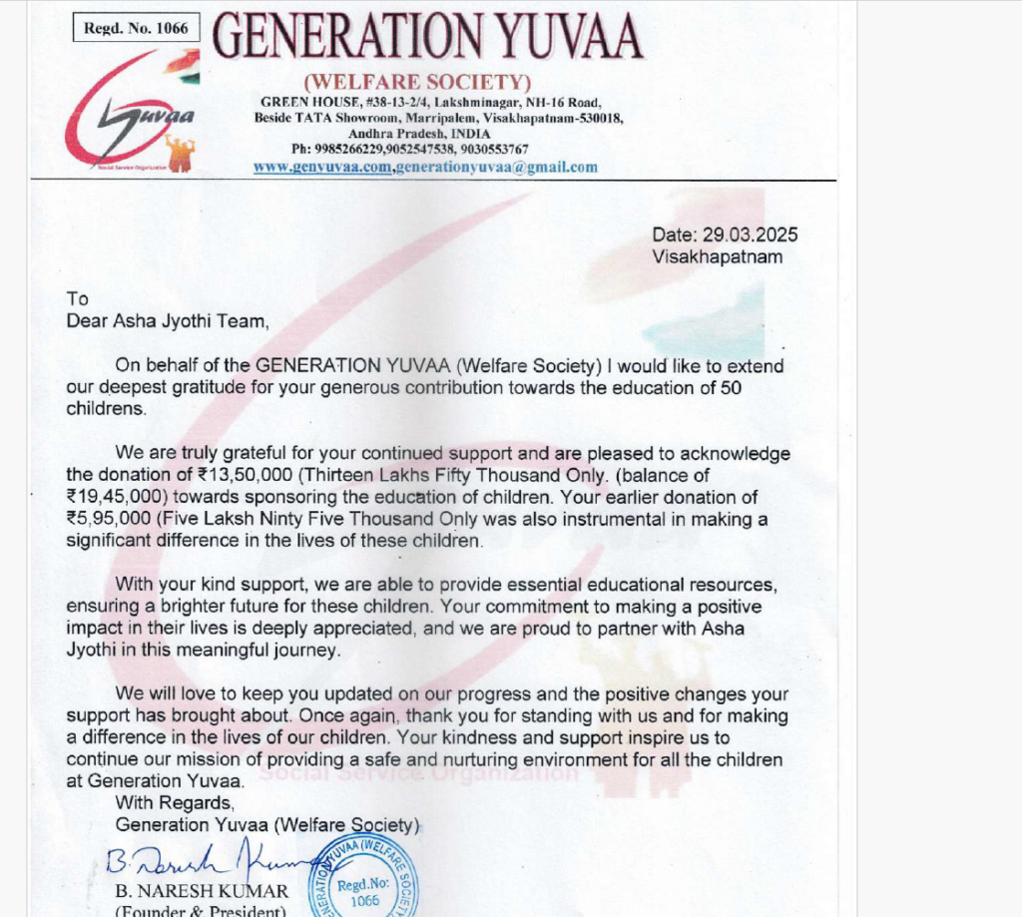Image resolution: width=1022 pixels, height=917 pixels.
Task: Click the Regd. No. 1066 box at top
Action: click(136, 28)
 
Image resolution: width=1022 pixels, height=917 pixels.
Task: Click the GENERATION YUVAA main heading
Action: click(428, 37)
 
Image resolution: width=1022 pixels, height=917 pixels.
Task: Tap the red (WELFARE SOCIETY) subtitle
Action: click(417, 82)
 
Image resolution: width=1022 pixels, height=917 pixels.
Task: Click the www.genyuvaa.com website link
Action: click(321, 167)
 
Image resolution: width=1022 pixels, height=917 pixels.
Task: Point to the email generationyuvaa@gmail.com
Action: click(496, 167)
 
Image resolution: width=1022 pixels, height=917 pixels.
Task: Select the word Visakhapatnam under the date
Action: click(718, 256)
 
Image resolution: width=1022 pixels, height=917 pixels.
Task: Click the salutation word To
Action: click(77, 298)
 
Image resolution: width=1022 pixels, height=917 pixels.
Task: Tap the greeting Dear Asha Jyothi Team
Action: click(168, 320)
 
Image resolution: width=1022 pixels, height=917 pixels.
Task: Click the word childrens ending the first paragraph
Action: click(106, 409)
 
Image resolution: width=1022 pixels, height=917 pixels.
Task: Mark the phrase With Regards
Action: click(175, 803)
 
